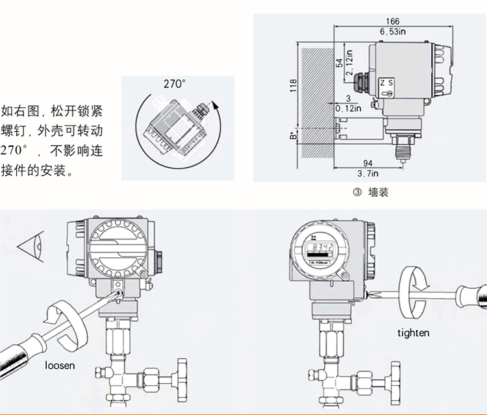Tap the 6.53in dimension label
pos(392,31)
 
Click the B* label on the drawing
pos(293,137)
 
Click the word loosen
pos(60,365)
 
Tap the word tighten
pos(414,333)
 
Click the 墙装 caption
pos(379,192)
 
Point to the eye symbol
pos(31,247)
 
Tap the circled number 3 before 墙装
pos(356,193)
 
